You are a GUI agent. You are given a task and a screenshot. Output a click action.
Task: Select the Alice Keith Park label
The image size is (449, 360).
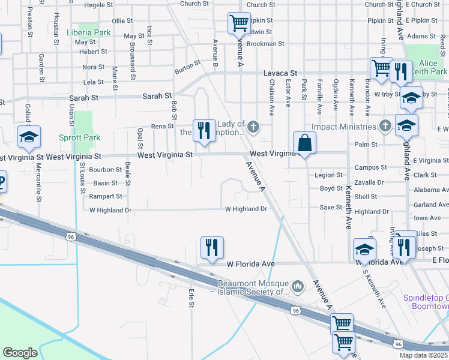pos(429,68)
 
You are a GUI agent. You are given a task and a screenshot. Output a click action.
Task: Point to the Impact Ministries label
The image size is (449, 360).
pos(345,127)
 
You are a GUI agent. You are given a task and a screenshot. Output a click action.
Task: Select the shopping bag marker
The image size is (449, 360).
pos(305,143)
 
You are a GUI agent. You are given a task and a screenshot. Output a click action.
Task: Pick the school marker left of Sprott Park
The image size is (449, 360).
pos(29,138)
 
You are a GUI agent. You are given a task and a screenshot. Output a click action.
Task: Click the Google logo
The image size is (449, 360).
pos(20,353)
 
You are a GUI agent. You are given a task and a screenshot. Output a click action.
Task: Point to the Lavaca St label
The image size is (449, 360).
pos(280,73)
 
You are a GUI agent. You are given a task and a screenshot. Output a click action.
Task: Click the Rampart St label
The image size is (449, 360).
pos(106,196)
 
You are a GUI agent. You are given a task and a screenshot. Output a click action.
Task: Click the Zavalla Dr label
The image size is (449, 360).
pos(369,182)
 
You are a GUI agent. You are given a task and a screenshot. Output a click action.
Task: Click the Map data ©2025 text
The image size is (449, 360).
pos(423,355)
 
